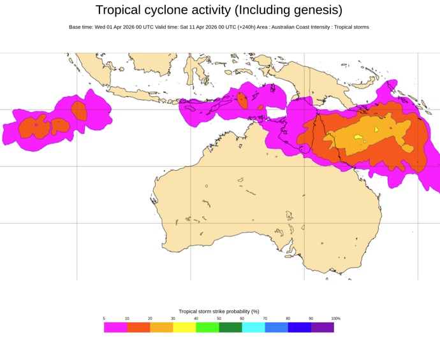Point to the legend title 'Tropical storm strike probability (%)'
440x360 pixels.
point(219,312)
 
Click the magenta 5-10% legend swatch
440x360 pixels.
point(115,327)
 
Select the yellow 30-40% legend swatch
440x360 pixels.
point(184,327)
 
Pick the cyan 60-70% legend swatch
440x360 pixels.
point(253,327)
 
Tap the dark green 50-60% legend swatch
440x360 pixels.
point(230,327)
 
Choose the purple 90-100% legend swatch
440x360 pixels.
point(322,327)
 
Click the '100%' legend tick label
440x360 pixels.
point(335,319)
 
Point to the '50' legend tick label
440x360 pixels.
point(219,319)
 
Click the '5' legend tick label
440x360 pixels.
point(104,319)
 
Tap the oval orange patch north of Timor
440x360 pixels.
point(242,100)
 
